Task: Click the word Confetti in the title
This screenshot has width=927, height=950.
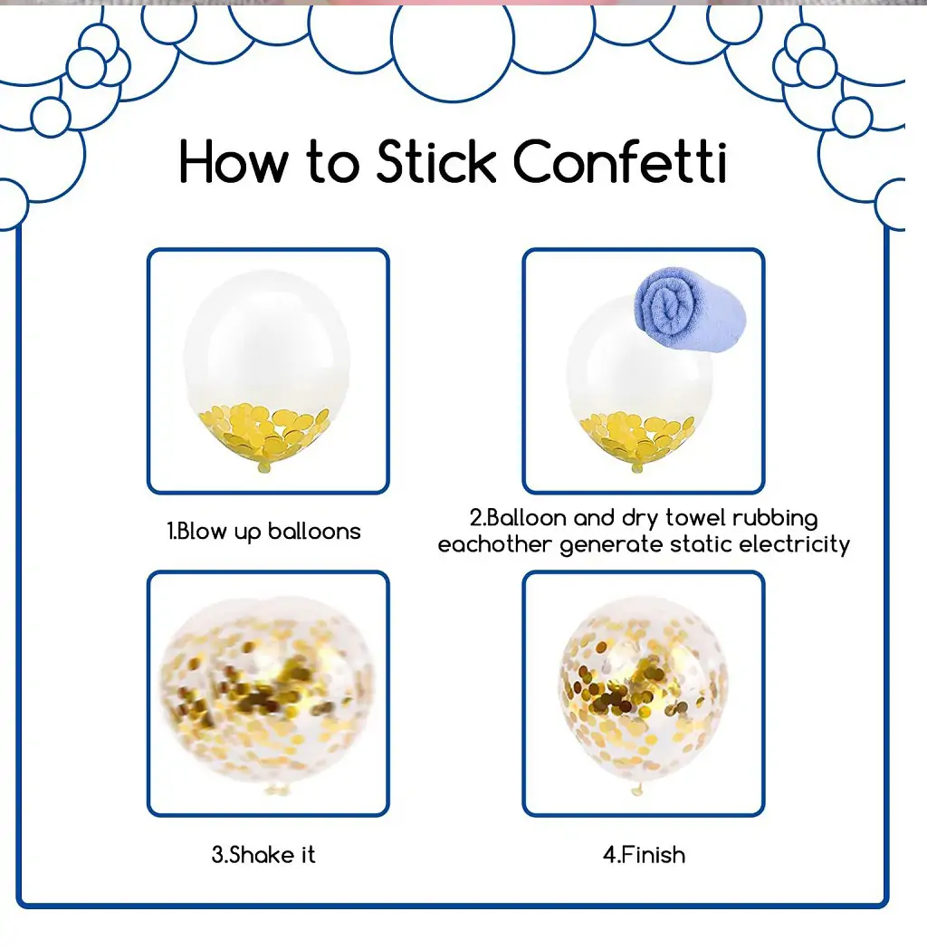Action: pyautogui.click(x=620, y=161)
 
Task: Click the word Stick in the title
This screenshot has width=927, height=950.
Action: pyautogui.click(x=436, y=161)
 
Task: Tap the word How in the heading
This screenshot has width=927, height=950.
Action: pyautogui.click(x=234, y=161)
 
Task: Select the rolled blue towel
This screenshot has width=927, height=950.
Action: pyautogui.click(x=690, y=309)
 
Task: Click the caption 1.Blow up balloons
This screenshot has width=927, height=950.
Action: pyautogui.click(x=264, y=532)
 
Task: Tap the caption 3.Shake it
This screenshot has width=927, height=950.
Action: pyautogui.click(x=264, y=855)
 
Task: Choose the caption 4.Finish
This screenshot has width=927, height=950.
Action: pyautogui.click(x=645, y=855)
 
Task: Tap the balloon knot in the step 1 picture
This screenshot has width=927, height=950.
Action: pyautogui.click(x=264, y=466)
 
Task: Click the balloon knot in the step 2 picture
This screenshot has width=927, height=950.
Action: pyautogui.click(x=636, y=466)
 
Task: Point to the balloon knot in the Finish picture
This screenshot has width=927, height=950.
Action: pyautogui.click(x=636, y=788)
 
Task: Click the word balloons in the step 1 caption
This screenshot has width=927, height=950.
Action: pyautogui.click(x=314, y=532)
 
